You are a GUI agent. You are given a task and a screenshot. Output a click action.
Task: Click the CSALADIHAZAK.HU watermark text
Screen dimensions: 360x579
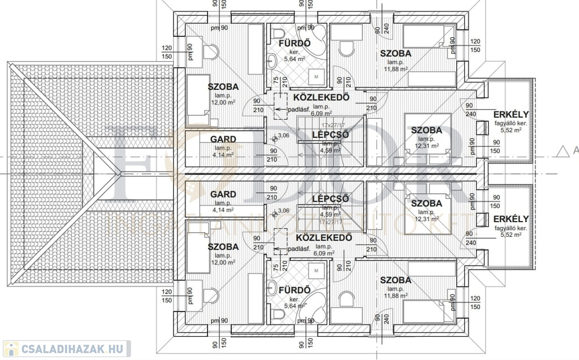tap(74, 348)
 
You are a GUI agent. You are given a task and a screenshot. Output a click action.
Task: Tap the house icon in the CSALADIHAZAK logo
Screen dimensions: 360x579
tap(10, 348)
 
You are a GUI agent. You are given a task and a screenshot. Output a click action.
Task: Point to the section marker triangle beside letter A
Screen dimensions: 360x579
tap(562, 150)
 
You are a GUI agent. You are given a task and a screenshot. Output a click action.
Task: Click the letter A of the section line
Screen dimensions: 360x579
tap(576, 150)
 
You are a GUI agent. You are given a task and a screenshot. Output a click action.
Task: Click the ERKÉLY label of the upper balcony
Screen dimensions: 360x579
tap(511, 114)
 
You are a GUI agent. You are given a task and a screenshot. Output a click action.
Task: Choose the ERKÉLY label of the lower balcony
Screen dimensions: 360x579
tap(511, 219)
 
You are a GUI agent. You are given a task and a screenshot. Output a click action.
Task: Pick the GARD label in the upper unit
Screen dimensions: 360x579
tap(223, 139)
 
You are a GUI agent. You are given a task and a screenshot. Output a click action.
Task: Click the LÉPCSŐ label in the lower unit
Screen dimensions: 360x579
tap(330, 198)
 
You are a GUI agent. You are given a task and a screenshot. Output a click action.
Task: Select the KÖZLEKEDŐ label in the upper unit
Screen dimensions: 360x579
tap(320, 97)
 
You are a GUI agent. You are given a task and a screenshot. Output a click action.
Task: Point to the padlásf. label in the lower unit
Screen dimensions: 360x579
tap(299, 249)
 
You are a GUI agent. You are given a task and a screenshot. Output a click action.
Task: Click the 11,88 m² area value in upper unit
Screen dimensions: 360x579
tap(395, 70)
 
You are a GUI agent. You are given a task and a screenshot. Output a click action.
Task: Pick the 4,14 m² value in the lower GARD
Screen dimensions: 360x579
tap(223, 210)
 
